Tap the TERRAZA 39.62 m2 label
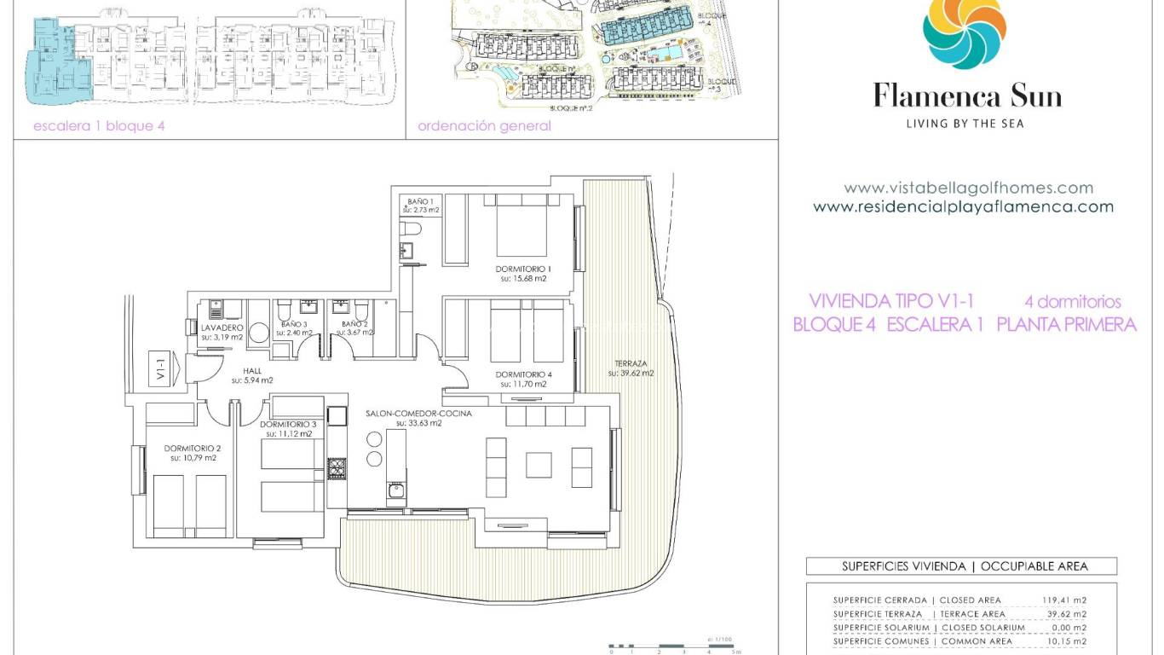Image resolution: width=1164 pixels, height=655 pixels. [630, 368]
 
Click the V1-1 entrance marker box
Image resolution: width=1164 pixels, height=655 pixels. [160, 368]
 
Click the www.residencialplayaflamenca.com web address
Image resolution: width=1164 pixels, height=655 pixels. [963, 206]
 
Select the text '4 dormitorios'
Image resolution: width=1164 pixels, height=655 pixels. [1072, 302]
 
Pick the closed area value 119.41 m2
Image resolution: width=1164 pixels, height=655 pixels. [1063, 600]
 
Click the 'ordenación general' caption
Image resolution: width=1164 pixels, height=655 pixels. [484, 126]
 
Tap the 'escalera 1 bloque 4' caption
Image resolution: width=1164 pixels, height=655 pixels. [98, 126]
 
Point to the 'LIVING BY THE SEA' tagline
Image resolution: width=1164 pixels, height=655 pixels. [964, 124]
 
